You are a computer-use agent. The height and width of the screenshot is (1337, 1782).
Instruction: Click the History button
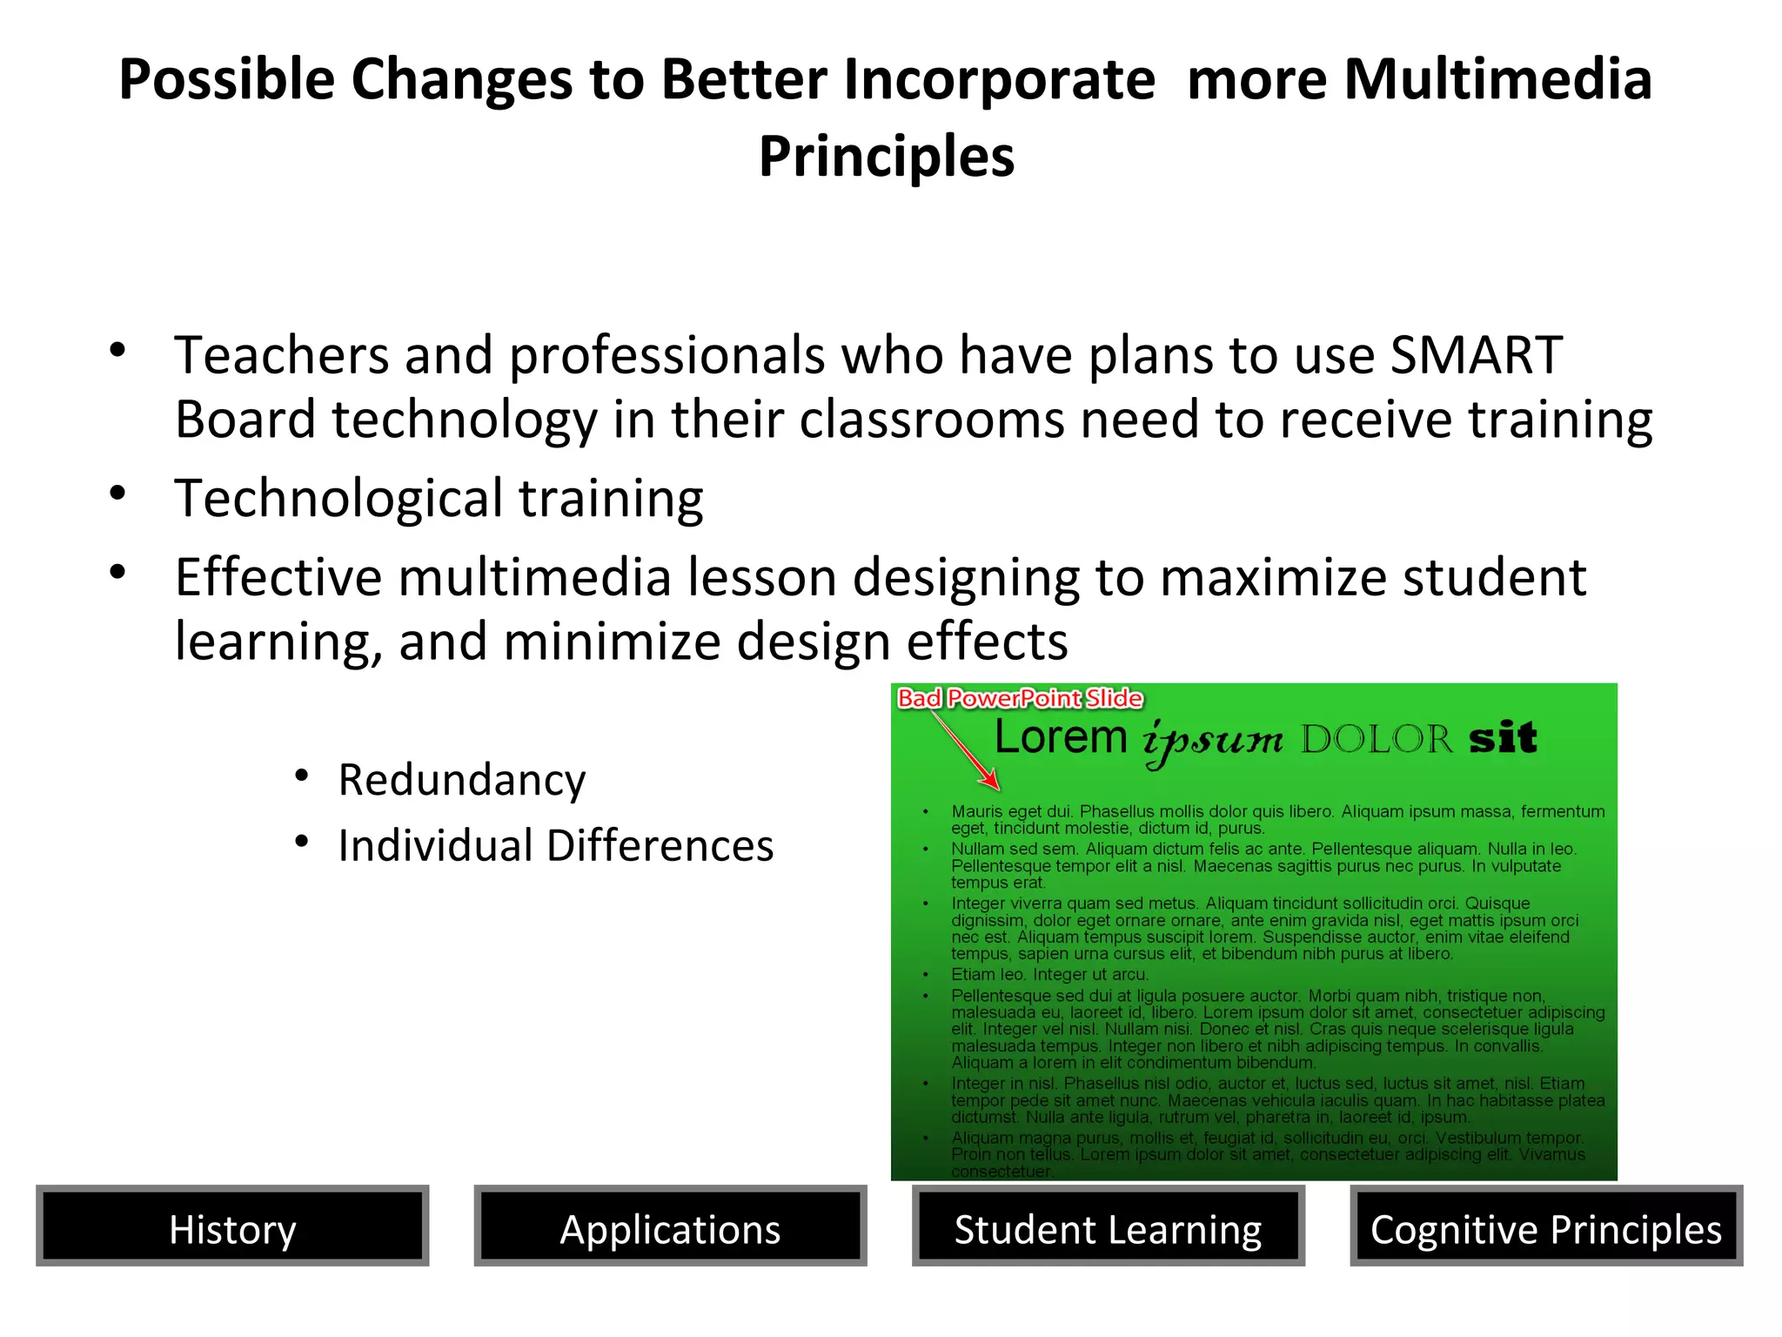(x=232, y=1226)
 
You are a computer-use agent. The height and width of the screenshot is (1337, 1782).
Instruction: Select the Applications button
(x=670, y=1226)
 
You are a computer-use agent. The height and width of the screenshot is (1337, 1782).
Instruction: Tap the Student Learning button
(x=1108, y=1226)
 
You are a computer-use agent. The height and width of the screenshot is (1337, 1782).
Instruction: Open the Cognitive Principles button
(x=1546, y=1226)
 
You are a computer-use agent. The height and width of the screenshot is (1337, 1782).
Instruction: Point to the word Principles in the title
(x=887, y=157)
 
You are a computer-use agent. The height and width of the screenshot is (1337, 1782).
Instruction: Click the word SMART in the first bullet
(x=1476, y=355)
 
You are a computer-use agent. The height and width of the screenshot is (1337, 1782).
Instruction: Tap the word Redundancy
(x=462, y=780)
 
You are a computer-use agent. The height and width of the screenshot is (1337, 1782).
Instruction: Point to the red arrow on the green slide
(x=966, y=749)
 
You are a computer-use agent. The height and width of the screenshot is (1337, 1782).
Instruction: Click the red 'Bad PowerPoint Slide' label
(x=1020, y=698)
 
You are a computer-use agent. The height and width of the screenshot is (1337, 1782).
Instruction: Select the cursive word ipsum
(x=1213, y=741)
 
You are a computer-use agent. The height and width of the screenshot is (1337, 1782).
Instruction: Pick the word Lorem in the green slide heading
(x=1061, y=737)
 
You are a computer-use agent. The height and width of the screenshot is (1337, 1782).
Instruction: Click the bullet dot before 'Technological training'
(x=118, y=494)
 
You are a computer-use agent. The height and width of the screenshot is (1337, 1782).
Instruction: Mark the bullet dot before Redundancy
(x=302, y=775)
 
